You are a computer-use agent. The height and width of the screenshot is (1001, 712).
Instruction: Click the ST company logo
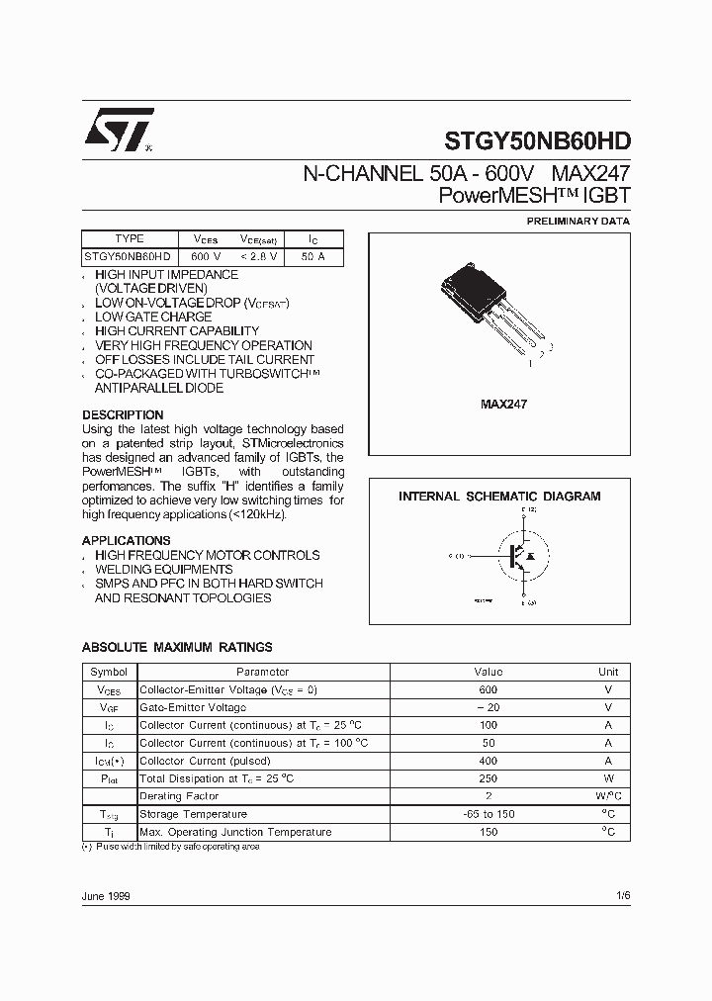(118, 130)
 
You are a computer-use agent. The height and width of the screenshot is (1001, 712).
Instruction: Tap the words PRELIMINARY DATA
(578, 222)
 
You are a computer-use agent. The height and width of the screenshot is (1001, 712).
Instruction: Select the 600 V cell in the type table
(193, 256)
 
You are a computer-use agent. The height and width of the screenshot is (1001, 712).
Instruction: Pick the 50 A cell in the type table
(312, 256)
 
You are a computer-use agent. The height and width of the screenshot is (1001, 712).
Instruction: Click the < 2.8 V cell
(258, 256)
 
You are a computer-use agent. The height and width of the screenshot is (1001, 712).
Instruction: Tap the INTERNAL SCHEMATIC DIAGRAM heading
(499, 497)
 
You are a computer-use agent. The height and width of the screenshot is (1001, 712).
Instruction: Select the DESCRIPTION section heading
(123, 414)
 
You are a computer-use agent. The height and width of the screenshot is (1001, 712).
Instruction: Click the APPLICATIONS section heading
(126, 540)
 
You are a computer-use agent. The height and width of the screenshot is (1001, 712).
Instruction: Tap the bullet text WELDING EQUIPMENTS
(164, 570)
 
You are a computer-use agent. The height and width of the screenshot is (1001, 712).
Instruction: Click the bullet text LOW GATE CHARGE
(153, 317)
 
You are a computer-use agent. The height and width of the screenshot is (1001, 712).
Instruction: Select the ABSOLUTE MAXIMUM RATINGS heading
(177, 647)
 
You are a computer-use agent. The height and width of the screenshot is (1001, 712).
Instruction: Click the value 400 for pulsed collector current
(488, 761)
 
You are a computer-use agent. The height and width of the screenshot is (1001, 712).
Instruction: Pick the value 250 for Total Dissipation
(488, 778)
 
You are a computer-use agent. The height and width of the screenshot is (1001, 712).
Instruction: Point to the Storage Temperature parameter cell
(190, 814)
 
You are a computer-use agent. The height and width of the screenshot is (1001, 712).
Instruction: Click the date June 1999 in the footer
(106, 895)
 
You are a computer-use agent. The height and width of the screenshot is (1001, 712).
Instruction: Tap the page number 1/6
(621, 895)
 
